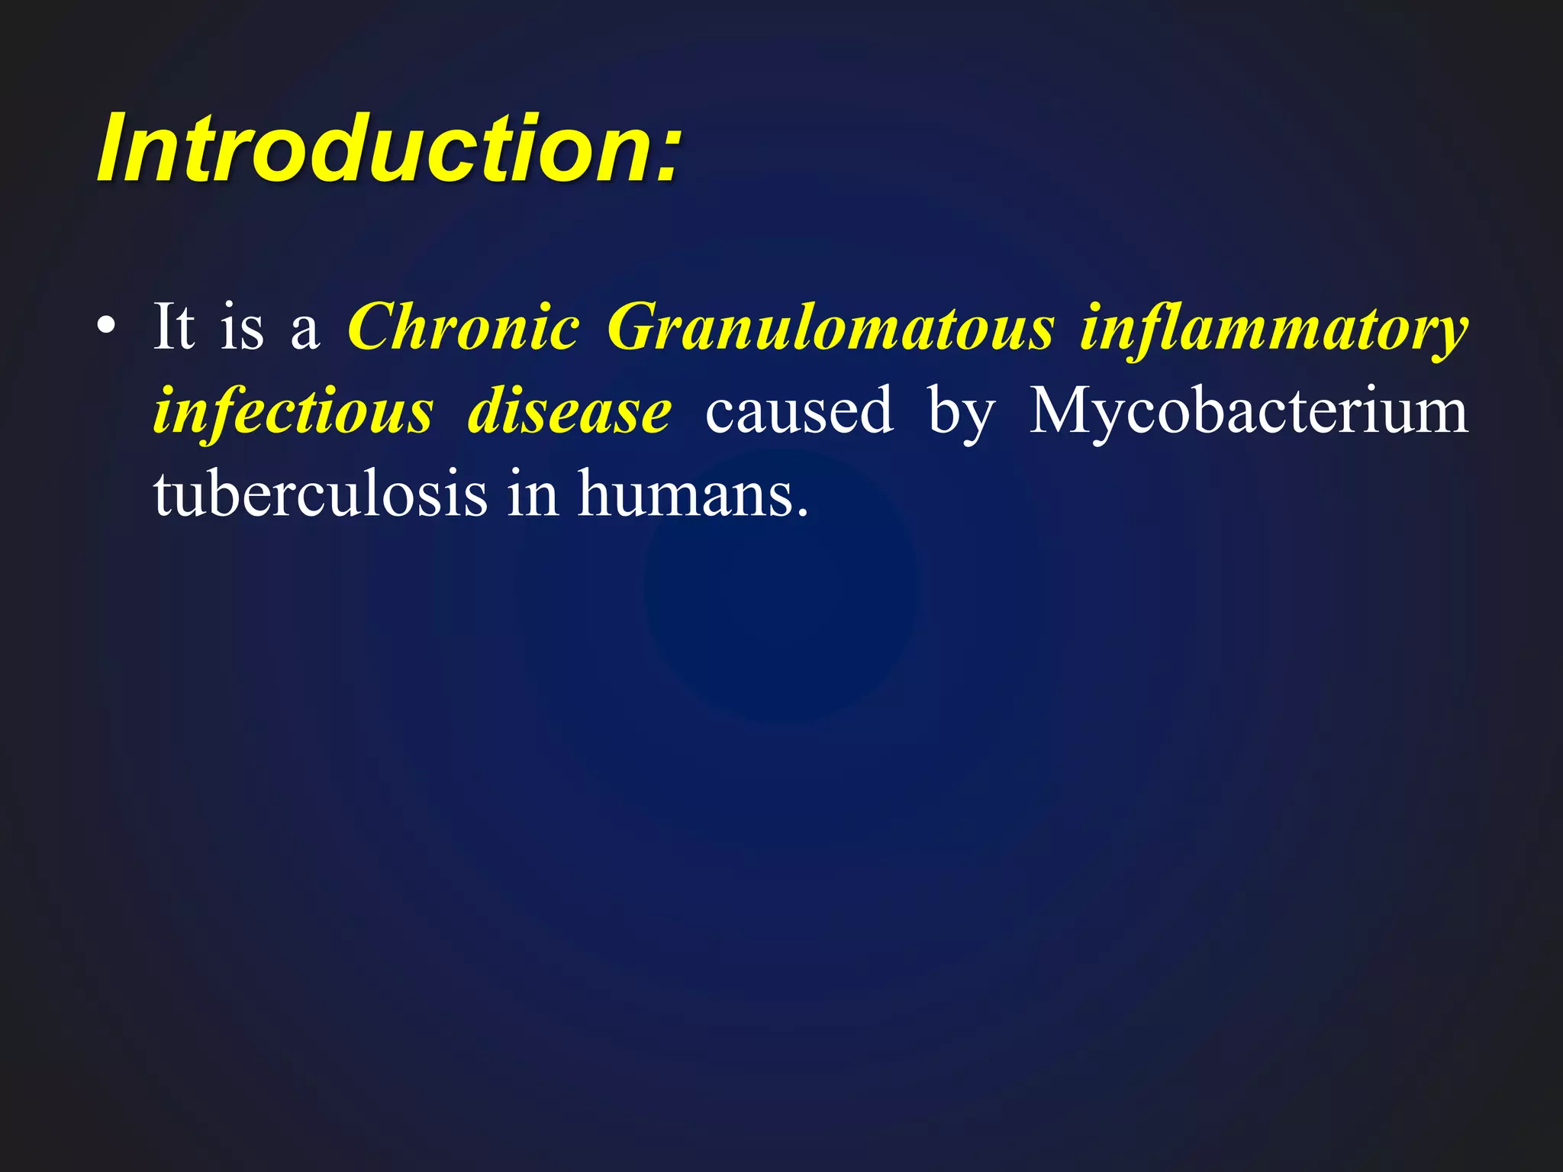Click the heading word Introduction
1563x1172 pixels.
tap(374, 149)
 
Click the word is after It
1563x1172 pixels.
tap(242, 328)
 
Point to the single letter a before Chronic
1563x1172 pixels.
tap(305, 333)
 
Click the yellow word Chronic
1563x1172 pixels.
tap(463, 328)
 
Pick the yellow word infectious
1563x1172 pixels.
tap(294, 412)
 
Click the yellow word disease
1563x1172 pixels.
tap(569, 412)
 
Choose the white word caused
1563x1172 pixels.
tap(799, 412)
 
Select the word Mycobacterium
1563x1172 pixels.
tap(1249, 412)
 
